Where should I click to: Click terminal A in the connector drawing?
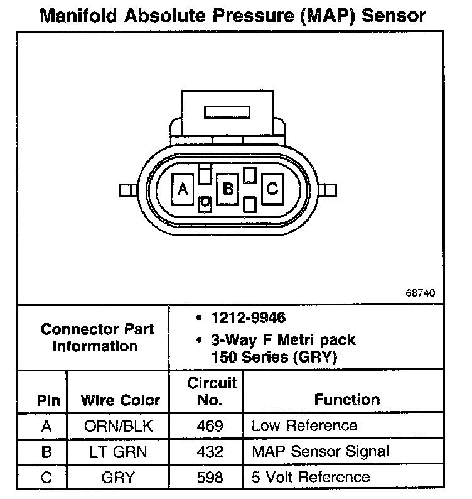click(183, 189)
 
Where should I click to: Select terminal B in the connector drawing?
click(228, 189)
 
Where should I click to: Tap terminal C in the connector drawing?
click(272, 189)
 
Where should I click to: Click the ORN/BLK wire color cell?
click(118, 427)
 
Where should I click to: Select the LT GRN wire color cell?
click(118, 452)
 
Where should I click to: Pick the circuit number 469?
click(210, 427)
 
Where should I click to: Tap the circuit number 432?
click(210, 452)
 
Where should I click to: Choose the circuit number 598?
click(210, 478)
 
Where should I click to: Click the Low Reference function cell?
click(304, 426)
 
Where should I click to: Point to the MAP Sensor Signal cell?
click(320, 451)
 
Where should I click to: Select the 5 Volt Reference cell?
click(311, 477)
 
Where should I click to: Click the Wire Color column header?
click(121, 400)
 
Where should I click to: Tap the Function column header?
click(347, 400)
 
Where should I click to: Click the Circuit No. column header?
click(212, 391)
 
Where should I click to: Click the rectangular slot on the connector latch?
click(227, 112)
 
